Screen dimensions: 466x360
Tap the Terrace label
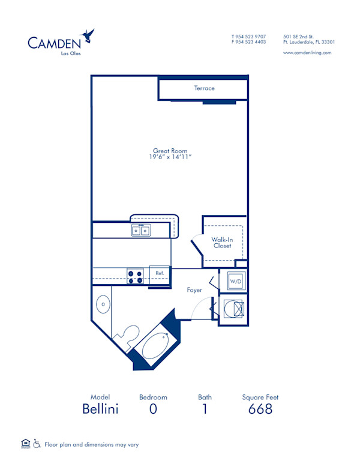tap(204, 88)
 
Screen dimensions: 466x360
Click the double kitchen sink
tap(142, 230)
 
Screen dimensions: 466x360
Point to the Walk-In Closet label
tap(222, 243)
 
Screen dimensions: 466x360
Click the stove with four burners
tap(136, 276)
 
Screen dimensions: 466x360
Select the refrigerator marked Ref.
tap(160, 273)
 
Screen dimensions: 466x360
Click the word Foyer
tap(194, 290)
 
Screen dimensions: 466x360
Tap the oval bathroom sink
tap(103, 304)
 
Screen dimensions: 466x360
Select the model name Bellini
tap(101, 409)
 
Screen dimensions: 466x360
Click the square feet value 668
tap(260, 409)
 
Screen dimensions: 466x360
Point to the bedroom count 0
tap(153, 409)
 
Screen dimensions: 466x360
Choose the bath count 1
tap(205, 409)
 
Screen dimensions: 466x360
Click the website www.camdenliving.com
tap(307, 53)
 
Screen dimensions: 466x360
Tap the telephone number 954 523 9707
tap(252, 36)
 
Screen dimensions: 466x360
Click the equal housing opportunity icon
tap(25, 444)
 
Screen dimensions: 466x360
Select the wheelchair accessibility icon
tap(37, 444)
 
